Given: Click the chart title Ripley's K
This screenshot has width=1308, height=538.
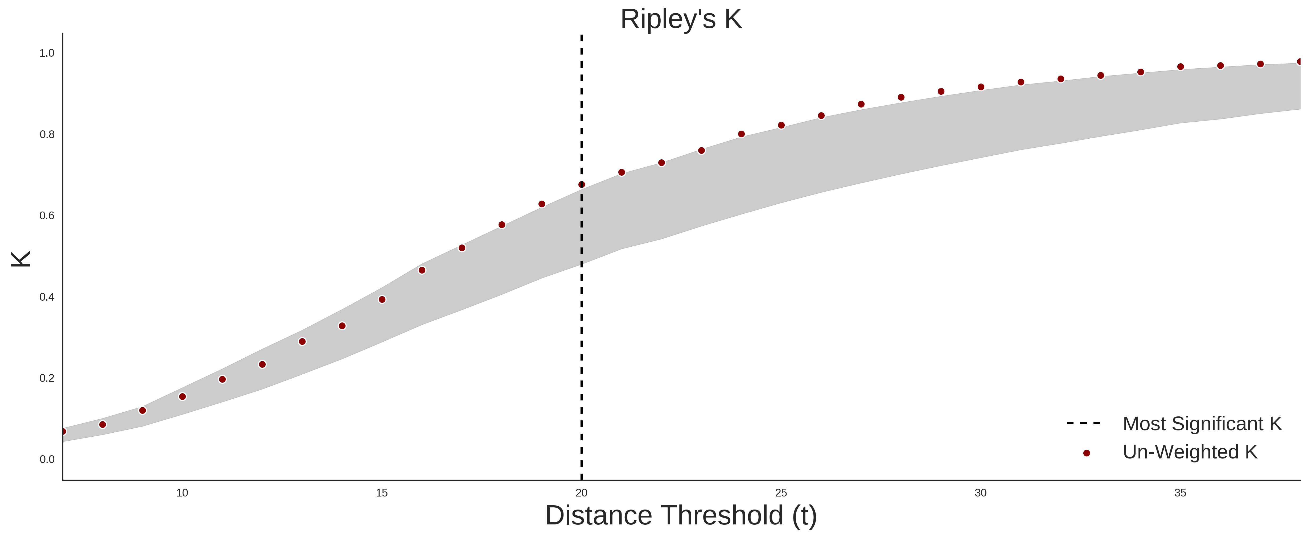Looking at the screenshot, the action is (681, 19).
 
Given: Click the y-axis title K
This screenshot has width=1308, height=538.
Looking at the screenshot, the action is (21, 259).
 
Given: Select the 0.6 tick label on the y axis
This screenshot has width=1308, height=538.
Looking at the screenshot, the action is (47, 216).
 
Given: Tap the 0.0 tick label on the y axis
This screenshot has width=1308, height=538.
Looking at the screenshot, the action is (47, 459).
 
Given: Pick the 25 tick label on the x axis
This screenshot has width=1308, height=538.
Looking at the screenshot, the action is (781, 493).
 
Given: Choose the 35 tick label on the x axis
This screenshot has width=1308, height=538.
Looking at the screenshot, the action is (1180, 493).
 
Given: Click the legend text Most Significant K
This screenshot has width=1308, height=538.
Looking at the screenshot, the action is (1202, 424).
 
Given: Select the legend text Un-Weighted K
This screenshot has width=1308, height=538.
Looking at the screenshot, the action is (1190, 452).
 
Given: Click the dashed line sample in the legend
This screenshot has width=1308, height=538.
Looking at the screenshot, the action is (1084, 423).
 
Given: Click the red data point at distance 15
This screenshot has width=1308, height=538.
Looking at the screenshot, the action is (382, 299).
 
